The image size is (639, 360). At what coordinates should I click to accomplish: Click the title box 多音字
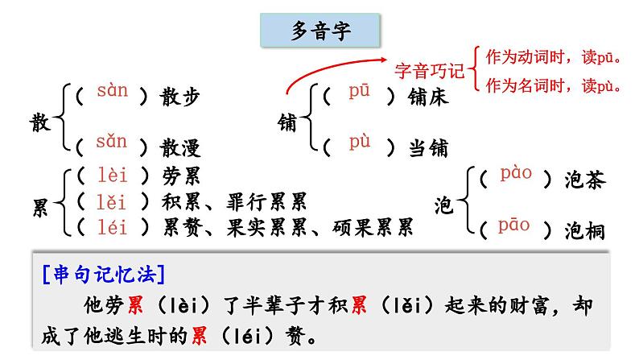319,33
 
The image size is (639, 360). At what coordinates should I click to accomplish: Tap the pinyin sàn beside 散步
112,90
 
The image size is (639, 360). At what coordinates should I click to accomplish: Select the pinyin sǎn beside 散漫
112,143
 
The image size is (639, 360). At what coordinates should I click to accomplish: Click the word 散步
178,97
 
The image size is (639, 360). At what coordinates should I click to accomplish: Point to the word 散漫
178,148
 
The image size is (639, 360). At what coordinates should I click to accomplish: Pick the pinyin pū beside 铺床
359,91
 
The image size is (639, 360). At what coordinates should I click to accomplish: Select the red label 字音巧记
431,71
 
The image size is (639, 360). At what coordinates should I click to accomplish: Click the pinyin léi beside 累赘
112,228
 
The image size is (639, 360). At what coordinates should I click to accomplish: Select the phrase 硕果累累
373,228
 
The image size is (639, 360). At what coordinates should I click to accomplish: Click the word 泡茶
584,180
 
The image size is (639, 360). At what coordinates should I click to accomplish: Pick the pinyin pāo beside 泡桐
514,225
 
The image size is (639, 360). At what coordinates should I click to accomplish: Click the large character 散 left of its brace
39,122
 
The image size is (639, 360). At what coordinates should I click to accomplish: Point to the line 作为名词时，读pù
555,84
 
